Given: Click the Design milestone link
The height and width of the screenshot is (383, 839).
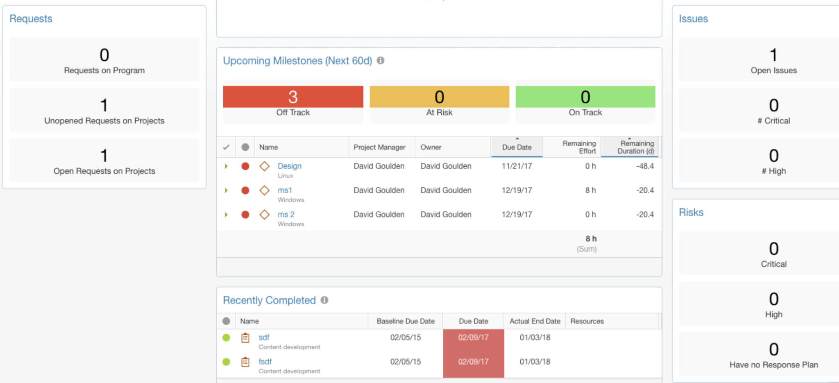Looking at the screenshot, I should tap(289, 166).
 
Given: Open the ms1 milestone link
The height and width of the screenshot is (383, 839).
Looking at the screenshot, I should tap(285, 190).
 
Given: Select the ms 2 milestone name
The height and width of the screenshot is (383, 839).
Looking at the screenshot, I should tap(286, 214).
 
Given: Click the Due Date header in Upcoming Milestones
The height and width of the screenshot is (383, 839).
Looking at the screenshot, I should tap(517, 147).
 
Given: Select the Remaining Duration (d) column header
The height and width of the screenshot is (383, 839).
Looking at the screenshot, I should tap(635, 147).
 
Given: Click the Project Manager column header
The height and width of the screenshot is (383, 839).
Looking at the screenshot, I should tap(379, 147).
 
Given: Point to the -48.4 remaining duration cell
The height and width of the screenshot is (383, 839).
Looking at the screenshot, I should tap(645, 166).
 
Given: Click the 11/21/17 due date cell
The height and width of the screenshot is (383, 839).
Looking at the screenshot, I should tap(517, 166).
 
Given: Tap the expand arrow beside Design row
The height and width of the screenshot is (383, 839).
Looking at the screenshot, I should tap(226, 166).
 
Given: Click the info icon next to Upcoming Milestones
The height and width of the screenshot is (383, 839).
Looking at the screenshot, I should tap(381, 61).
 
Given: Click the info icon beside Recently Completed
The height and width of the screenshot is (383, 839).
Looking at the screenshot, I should tap(324, 300).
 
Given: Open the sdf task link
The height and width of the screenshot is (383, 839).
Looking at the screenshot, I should tap(264, 338).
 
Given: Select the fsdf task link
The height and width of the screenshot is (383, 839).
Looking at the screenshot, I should tap(265, 362).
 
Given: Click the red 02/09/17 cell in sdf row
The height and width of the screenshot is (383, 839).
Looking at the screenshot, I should tap(473, 338).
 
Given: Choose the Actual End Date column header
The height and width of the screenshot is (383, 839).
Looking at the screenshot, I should tap(535, 321).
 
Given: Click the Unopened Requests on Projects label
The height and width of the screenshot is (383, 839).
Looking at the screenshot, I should tap(104, 121).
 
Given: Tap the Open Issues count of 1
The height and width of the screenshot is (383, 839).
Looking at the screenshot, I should tap(773, 55).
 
